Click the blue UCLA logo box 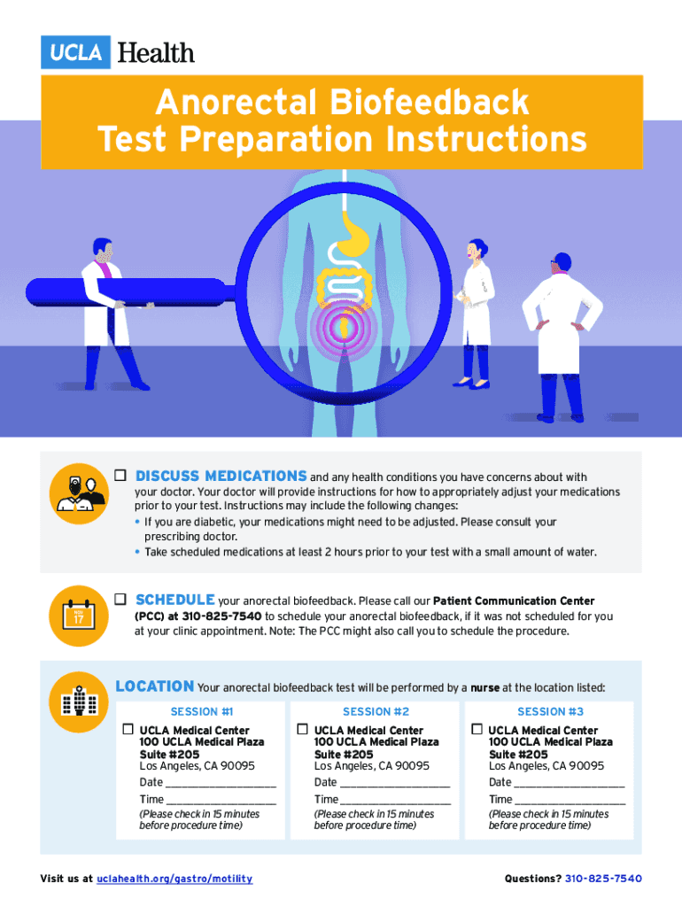pyautogui.click(x=75, y=52)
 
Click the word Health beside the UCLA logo pyautogui.click(x=156, y=52)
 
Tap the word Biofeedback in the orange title pyautogui.click(x=430, y=103)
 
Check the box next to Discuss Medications pyautogui.click(x=120, y=475)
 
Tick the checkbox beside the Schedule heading pyautogui.click(x=120, y=599)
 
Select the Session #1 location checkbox pyautogui.click(x=128, y=729)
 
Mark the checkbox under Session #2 pyautogui.click(x=302, y=729)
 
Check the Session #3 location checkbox pyautogui.click(x=477, y=729)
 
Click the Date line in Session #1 pyautogui.click(x=221, y=787)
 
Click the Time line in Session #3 pyautogui.click(x=570, y=803)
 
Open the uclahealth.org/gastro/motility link pyautogui.click(x=174, y=879)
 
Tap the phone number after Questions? pyautogui.click(x=603, y=879)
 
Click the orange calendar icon pyautogui.click(x=79, y=616)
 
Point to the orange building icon pyautogui.click(x=79, y=702)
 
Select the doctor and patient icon pyautogui.click(x=79, y=493)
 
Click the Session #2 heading pyautogui.click(x=376, y=711)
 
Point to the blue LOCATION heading pyautogui.click(x=155, y=686)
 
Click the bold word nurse pyautogui.click(x=484, y=687)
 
